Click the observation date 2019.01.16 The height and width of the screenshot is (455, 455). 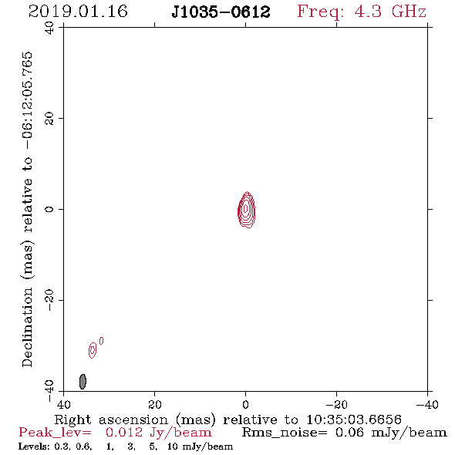click(x=78, y=12)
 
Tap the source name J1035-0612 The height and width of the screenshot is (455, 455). click(x=221, y=12)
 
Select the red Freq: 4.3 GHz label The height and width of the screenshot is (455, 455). click(x=362, y=12)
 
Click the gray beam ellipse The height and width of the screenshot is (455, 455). click(x=83, y=382)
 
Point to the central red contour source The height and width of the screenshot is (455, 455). click(x=246, y=210)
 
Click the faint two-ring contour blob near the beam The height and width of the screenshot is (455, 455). click(x=93, y=350)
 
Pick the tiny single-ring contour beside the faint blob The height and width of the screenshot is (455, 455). click(x=101, y=341)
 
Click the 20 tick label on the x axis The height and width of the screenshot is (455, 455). click(x=154, y=404)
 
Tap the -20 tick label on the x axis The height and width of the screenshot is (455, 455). click(x=336, y=404)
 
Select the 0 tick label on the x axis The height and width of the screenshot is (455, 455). click(x=246, y=404)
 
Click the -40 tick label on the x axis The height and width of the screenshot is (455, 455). click(x=427, y=404)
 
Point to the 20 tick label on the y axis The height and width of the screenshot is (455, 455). click(x=49, y=119)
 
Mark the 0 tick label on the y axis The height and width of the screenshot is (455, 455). click(x=49, y=209)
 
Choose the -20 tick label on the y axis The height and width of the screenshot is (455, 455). click(x=49, y=300)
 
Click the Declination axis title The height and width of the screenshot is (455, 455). click(x=27, y=209)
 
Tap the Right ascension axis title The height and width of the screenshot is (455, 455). click(x=228, y=420)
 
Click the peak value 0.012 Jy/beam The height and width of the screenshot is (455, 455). click(x=159, y=433)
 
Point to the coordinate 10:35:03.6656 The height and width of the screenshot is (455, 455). click(x=354, y=420)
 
